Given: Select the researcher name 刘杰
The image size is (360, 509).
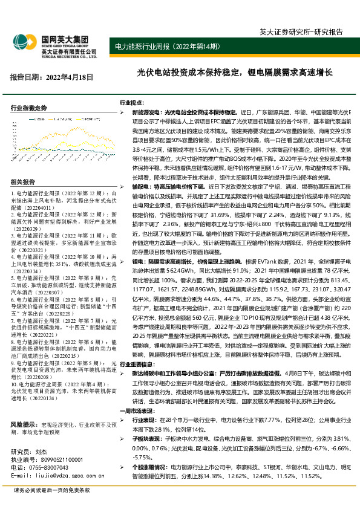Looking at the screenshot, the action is (x=41, y=435).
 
